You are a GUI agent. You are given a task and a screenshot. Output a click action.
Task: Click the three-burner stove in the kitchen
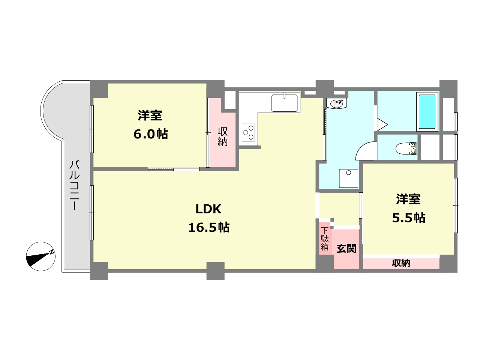coord(249,132)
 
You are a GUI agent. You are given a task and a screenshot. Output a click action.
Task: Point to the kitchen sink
coord(285,103)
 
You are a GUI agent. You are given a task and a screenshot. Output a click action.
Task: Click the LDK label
coord(208,209)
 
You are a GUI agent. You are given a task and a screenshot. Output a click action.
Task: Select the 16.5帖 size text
coord(208,227)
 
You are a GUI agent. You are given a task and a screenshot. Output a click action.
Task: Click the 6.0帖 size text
coord(150,134)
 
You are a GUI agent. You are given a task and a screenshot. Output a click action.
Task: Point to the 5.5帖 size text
coord(408,217)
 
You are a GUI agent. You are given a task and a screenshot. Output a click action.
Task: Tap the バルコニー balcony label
coord(75,184)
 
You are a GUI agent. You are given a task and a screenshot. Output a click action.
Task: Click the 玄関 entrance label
coord(346,248)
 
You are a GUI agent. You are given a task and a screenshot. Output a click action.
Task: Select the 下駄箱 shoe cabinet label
coord(325,238)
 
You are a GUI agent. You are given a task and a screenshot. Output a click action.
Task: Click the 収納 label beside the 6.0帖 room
coord(223,136)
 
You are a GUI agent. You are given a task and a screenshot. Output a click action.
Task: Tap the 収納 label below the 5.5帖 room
coord(401,263)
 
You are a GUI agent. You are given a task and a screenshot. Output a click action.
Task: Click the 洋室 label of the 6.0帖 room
coord(150,115)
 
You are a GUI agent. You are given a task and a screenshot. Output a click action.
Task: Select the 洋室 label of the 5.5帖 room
coord(408,199)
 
